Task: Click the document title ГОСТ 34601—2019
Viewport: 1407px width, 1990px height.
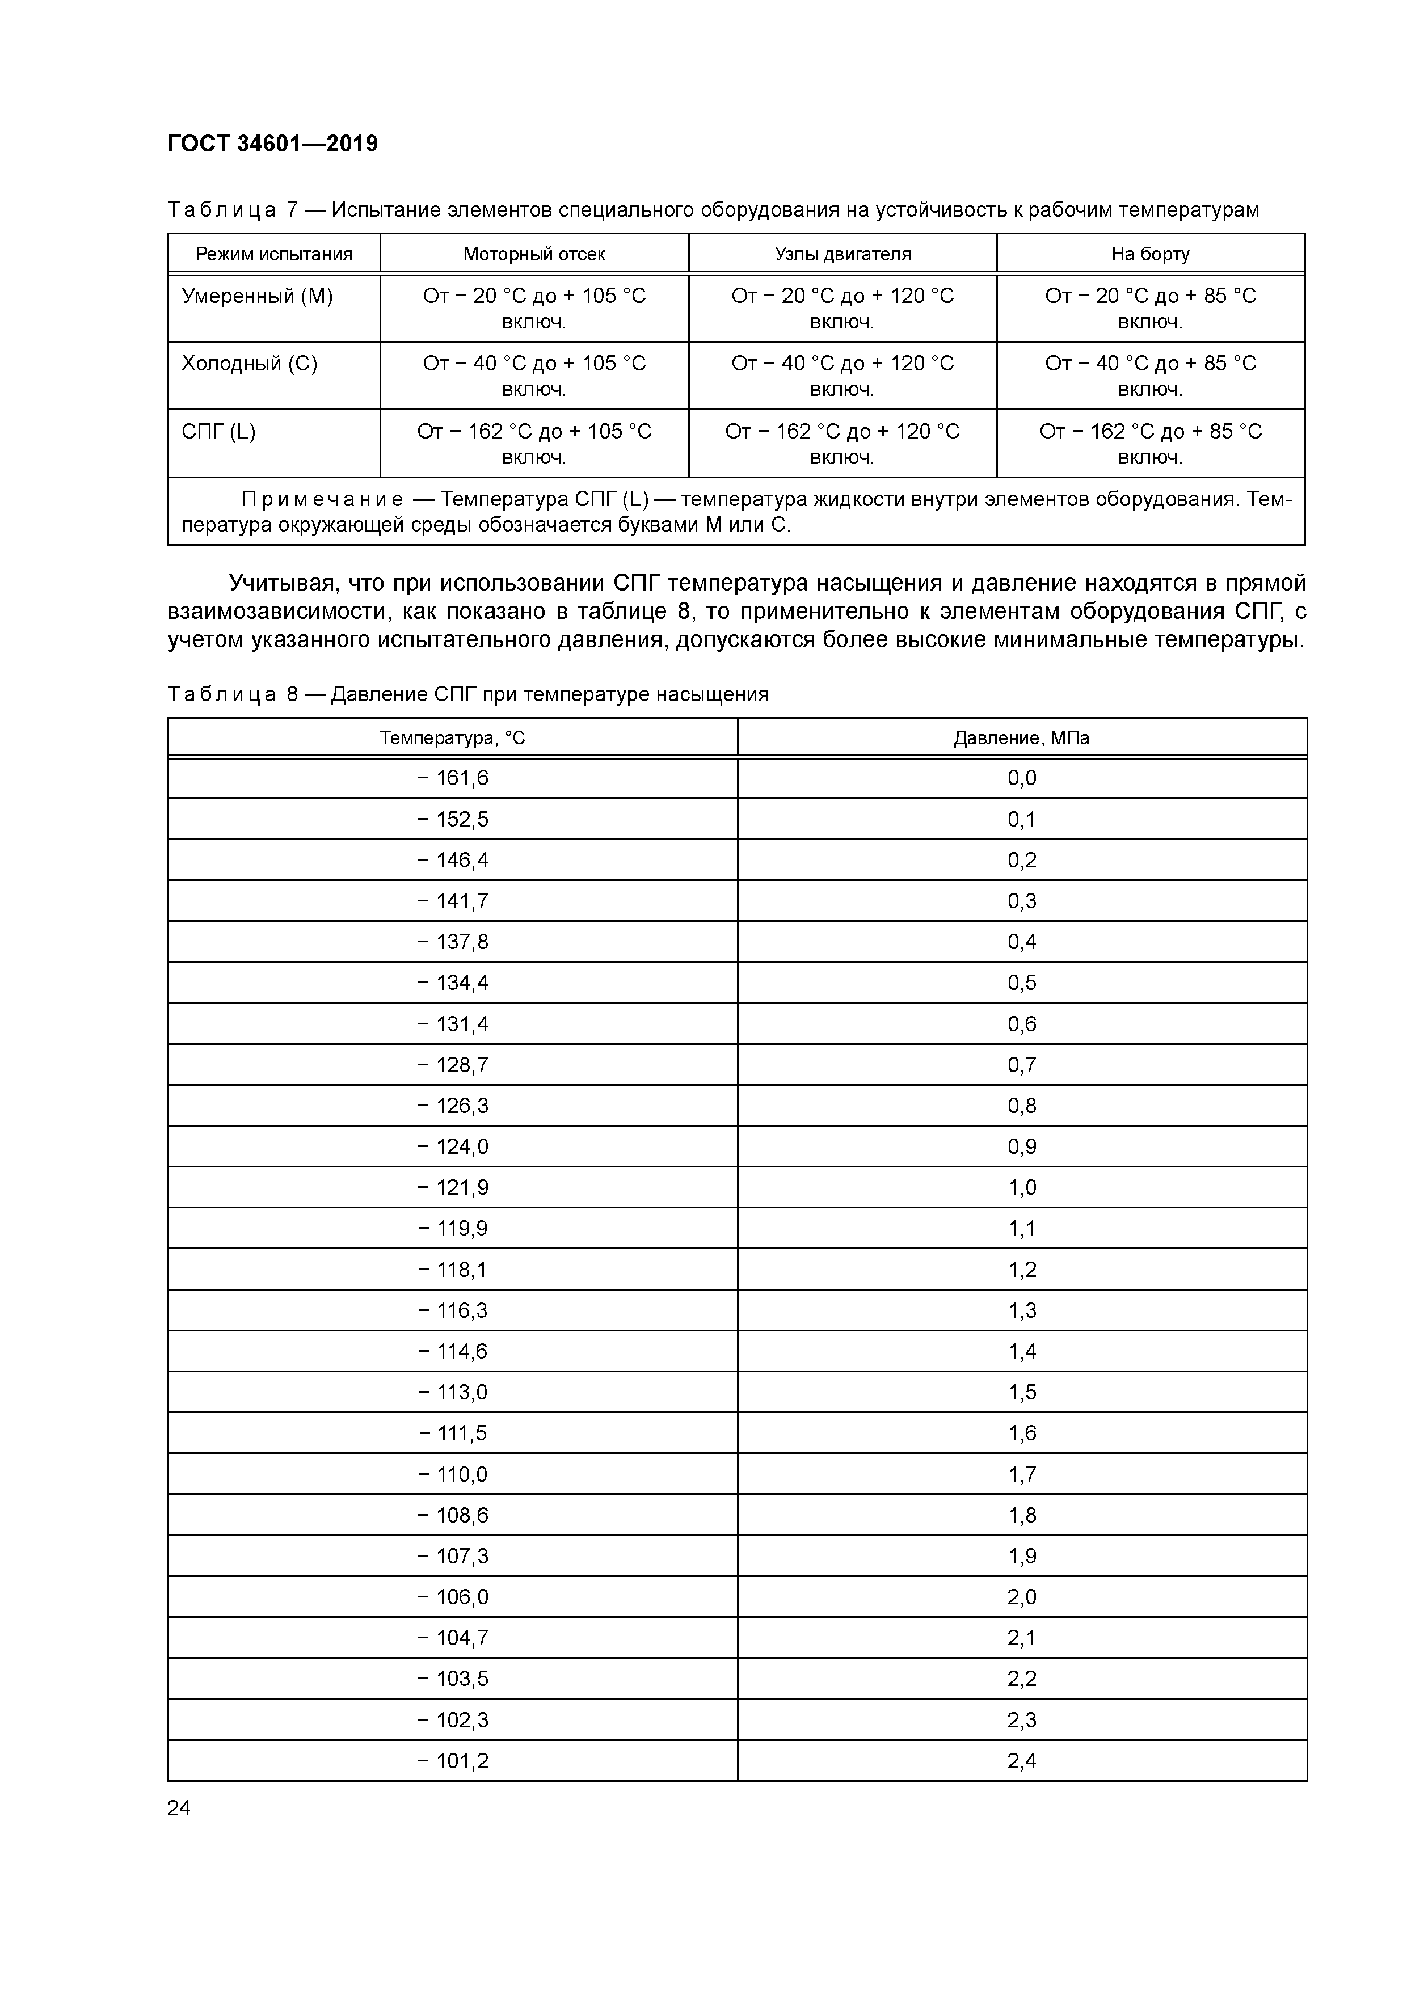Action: [x=272, y=144]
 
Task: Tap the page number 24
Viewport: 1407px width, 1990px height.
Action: [x=179, y=1808]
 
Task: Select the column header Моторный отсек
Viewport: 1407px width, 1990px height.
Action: [x=533, y=254]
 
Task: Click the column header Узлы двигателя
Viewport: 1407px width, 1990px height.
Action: [x=842, y=254]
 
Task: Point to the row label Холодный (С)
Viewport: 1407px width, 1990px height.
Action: [x=250, y=363]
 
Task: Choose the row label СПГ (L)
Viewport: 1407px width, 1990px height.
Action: [x=218, y=432]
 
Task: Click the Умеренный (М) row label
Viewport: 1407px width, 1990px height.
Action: [x=256, y=297]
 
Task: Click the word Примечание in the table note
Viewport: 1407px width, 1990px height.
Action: [x=322, y=500]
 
